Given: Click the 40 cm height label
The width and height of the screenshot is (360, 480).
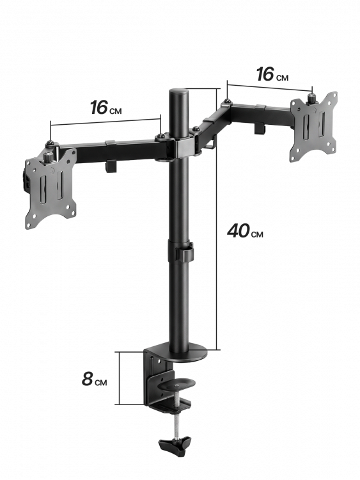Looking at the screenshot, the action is [x=245, y=231].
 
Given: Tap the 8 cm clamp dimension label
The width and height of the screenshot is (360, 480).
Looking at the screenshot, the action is [x=94, y=380].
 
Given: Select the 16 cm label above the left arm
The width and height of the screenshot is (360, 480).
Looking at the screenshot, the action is [x=106, y=108].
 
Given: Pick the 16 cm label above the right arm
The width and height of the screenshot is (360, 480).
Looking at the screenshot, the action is [x=272, y=75].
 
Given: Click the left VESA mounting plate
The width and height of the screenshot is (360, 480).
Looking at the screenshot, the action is [x=51, y=188].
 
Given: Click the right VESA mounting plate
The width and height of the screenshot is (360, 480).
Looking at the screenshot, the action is [x=313, y=126].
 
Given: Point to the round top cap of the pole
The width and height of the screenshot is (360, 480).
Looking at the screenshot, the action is [x=178, y=92].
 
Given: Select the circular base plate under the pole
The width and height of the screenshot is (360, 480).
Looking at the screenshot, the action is [x=187, y=353].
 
